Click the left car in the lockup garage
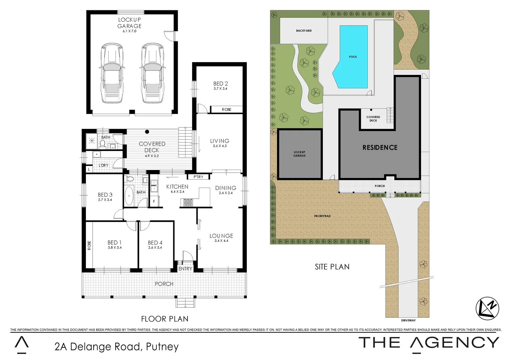pyautogui.click(x=112, y=73)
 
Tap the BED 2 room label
pyautogui.click(x=221, y=84)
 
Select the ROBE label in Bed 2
pyautogui.click(x=227, y=110)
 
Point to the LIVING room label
pyautogui.click(x=220, y=141)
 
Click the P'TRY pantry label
pyautogui.click(x=198, y=177)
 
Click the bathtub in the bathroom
pyautogui.click(x=129, y=196)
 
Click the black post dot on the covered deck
pyautogui.click(x=147, y=132)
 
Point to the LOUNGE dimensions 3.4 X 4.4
pyautogui.click(x=221, y=241)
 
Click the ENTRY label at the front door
pyautogui.click(x=185, y=269)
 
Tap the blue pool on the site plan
pyautogui.click(x=352, y=57)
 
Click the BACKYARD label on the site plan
pyautogui.click(x=304, y=31)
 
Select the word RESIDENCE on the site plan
pyautogui.click(x=380, y=147)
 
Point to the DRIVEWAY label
pyautogui.click(x=408, y=320)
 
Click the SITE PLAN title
pyautogui.click(x=332, y=267)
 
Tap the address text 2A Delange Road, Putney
pyautogui.click(x=117, y=347)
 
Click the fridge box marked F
pyautogui.click(x=154, y=201)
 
